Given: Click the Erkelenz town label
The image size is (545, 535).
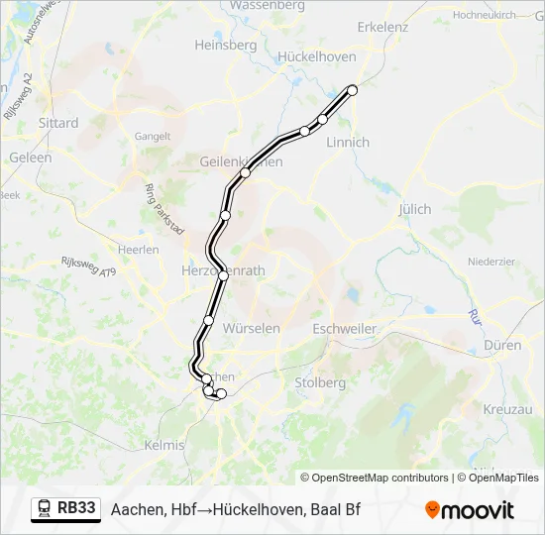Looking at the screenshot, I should tap(382, 27).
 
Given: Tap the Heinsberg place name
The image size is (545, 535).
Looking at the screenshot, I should tap(226, 45).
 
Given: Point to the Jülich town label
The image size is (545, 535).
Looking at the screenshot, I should tap(414, 209).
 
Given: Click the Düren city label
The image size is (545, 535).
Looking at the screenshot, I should tap(503, 345).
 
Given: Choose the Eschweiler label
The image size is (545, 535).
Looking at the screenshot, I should tap(344, 328).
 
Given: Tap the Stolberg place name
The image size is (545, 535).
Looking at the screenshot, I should tap(320, 382).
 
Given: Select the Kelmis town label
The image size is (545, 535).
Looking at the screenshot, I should tap(164, 446).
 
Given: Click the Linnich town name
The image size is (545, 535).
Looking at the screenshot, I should tap(347, 142).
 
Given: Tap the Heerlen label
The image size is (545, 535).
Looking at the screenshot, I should tap(138, 250).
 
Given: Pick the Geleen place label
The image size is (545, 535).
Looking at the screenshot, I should tap(31, 158).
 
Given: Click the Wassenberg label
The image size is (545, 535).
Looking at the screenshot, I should tap(268, 5).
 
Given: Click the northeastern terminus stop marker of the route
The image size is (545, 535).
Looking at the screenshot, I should tap(352, 89).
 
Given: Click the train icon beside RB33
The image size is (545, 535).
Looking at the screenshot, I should tap(45, 508).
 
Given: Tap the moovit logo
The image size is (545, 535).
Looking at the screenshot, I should tap(470, 509).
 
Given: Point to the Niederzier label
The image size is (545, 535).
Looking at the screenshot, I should tap(491, 262).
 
